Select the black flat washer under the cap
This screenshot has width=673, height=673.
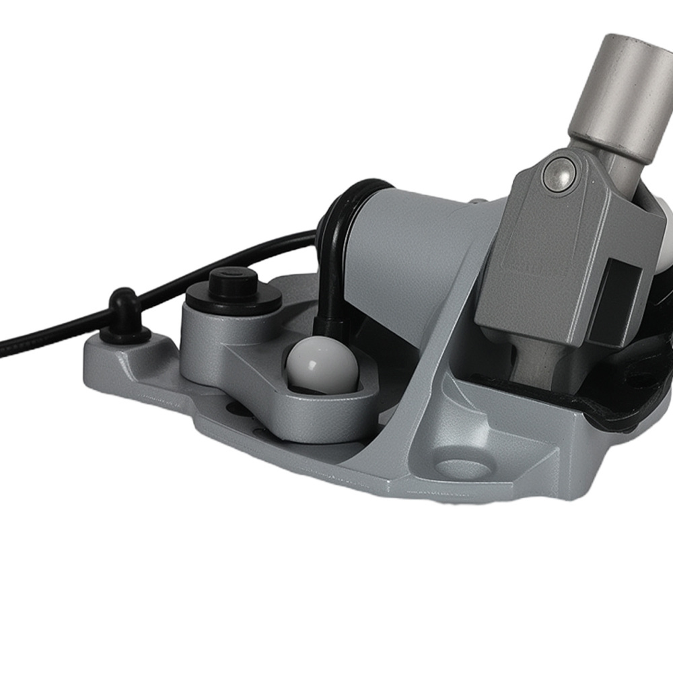(232, 297)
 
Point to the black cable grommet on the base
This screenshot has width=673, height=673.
(125, 315)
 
